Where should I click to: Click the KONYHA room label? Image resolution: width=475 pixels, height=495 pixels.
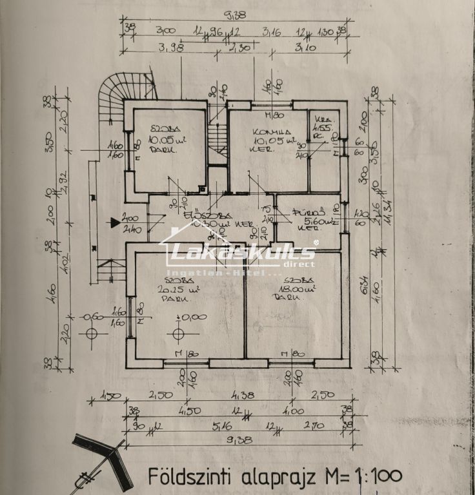pyautogui.click(x=262, y=129)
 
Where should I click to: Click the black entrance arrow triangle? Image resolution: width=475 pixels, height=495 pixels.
pyautogui.click(x=115, y=223)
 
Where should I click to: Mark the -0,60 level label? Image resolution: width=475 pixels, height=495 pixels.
pyautogui.click(x=92, y=316)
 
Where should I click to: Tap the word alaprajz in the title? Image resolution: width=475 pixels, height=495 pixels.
pyautogui.click(x=279, y=478)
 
